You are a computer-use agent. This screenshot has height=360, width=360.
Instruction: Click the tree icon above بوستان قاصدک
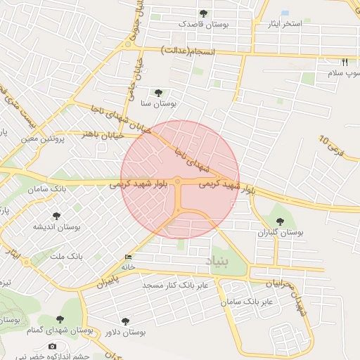(x=203, y=13)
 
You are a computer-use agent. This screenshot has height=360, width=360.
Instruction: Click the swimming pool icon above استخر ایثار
(x=285, y=13)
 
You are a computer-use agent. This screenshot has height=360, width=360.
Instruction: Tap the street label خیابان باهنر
(x=103, y=134)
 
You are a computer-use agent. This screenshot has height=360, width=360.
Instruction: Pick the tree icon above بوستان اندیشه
(x=56, y=216)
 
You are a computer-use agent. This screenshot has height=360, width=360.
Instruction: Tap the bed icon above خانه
(x=127, y=257)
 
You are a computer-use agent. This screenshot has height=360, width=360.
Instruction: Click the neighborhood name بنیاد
(x=217, y=261)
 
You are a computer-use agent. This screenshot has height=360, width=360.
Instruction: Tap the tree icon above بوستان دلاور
(x=125, y=321)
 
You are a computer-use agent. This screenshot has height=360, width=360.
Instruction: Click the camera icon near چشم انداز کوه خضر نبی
(x=52, y=347)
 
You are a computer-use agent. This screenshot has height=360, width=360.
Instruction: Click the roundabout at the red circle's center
(x=179, y=182)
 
